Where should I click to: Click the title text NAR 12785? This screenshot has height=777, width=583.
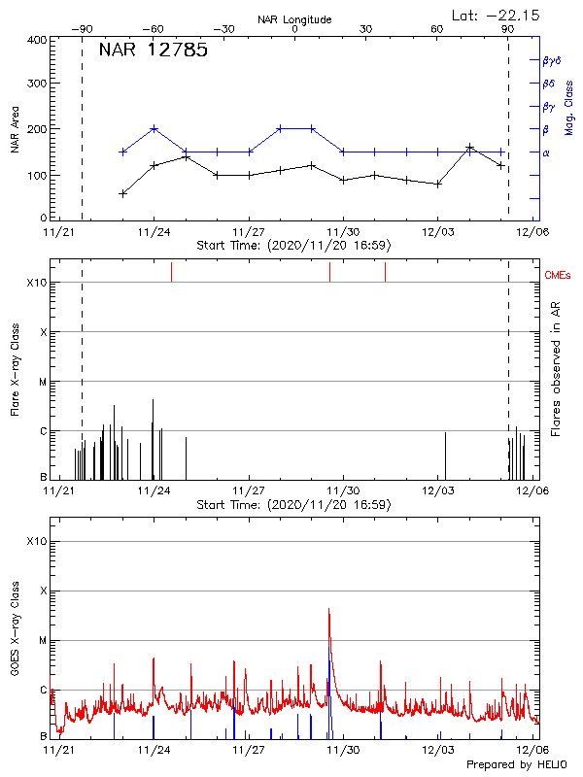[x=153, y=51]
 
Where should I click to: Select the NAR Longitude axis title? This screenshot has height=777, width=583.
[x=294, y=18]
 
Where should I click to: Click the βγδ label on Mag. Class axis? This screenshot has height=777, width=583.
[x=550, y=60]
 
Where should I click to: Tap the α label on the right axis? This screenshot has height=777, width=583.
[x=545, y=152]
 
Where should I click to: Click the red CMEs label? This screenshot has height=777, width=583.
[x=559, y=276]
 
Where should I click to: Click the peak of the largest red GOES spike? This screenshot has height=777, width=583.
[x=329, y=609]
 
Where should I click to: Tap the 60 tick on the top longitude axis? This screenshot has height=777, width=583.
[x=437, y=29]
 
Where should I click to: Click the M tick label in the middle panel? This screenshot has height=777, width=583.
[x=43, y=382]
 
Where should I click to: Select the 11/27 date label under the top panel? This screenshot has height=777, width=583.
[x=250, y=233]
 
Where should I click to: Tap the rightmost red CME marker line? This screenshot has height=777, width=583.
[x=385, y=272]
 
